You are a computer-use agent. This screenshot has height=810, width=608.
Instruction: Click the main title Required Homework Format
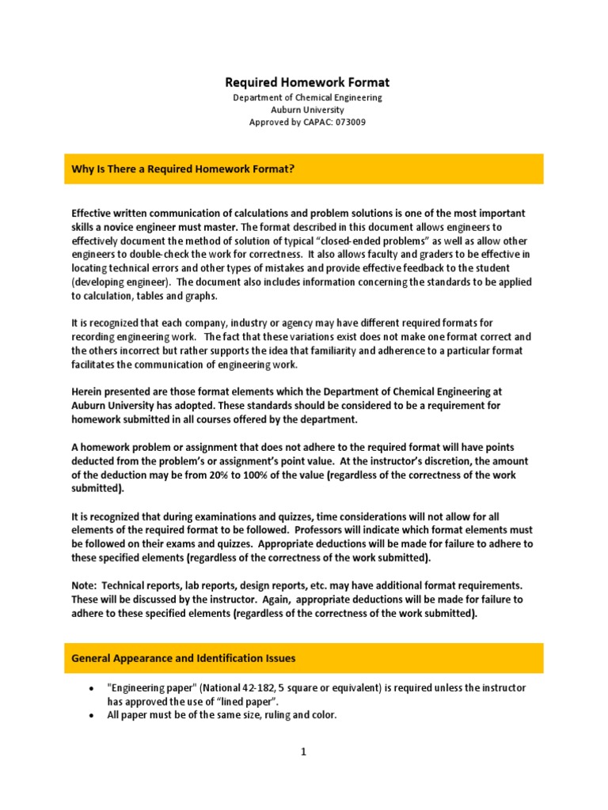point(307,82)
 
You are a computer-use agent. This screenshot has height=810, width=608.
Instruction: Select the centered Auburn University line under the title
point(307,110)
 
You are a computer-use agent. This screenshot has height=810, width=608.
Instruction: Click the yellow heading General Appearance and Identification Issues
point(184,657)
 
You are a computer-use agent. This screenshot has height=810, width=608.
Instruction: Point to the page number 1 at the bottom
point(303,752)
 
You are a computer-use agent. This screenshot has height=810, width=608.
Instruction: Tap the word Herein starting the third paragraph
point(87,392)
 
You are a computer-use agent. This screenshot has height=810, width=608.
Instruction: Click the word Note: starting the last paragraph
point(85,584)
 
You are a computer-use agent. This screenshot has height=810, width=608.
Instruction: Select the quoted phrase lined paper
point(249,702)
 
